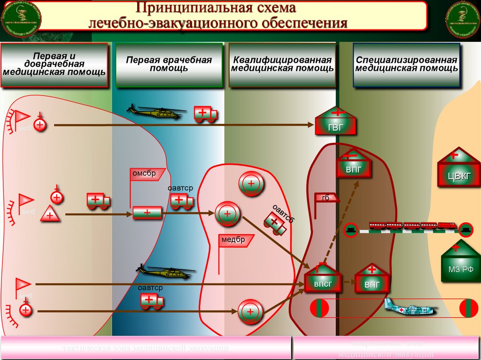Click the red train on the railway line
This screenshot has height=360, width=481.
point(412,226)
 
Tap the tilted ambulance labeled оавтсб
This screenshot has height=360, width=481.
point(276,222)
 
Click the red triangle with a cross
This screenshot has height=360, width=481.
point(49,215)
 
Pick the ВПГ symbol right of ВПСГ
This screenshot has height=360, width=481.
point(371,279)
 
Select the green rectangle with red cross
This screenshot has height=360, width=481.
point(147,213)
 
